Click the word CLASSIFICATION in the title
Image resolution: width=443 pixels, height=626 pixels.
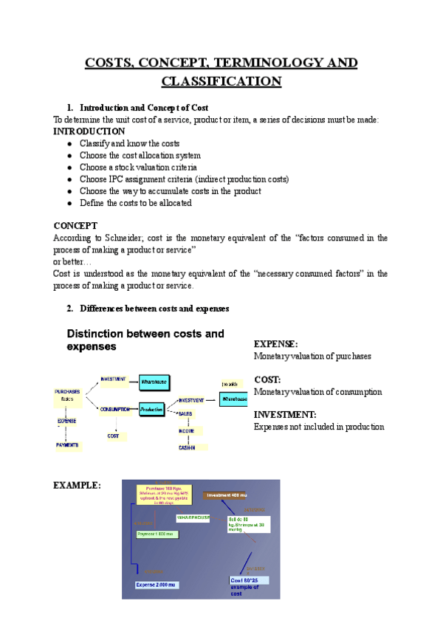(x=221, y=80)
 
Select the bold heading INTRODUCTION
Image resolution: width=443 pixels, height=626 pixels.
(x=89, y=131)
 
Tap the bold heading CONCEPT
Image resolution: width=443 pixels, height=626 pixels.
(x=75, y=225)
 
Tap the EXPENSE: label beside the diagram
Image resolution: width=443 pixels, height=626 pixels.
(x=275, y=344)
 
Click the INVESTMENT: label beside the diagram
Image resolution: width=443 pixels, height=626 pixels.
(x=285, y=415)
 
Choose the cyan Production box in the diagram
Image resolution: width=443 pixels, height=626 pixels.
(x=151, y=408)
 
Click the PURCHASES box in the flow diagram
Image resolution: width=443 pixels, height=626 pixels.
(x=68, y=394)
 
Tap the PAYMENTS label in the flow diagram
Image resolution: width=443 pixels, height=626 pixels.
(x=67, y=445)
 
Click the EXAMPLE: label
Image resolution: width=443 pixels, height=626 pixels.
(x=78, y=485)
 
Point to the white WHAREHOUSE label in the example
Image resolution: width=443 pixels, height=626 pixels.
(x=195, y=517)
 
